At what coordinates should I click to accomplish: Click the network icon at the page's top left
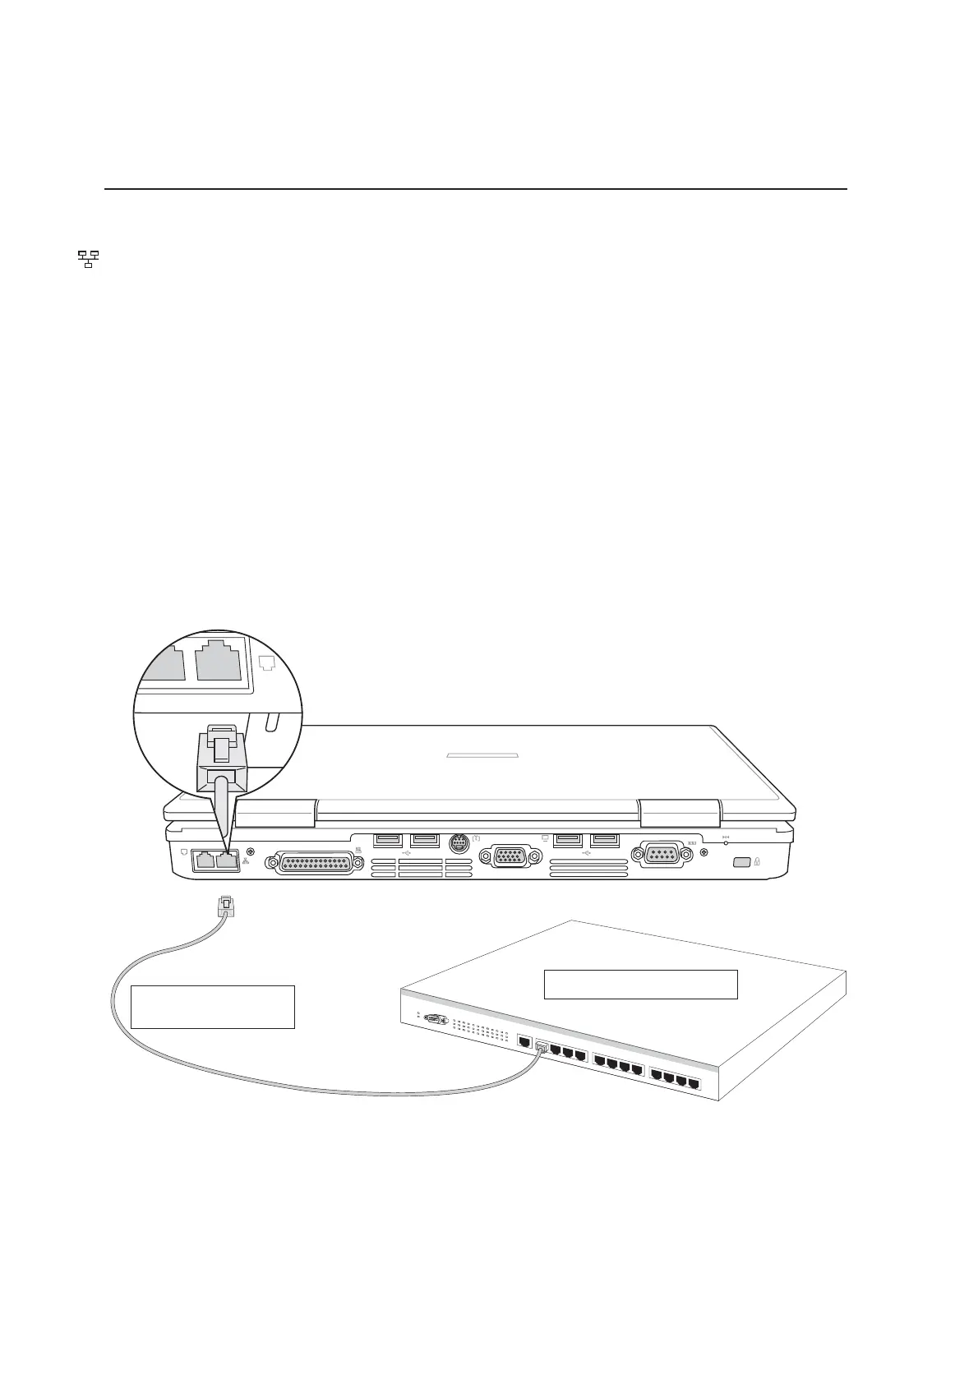point(88,260)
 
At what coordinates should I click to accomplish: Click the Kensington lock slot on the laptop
point(739,862)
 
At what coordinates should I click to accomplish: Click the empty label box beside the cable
point(212,1007)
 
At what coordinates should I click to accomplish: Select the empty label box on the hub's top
point(640,984)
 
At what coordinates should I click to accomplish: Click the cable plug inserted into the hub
point(542,1047)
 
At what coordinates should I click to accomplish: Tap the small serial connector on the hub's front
point(435,1020)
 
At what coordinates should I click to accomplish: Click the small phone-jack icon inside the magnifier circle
point(265,662)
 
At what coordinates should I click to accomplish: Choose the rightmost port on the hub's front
point(694,1084)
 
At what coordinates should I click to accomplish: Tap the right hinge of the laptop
point(680,814)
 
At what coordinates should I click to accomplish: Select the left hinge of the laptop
point(274,814)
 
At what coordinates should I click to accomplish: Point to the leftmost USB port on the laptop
point(388,840)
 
